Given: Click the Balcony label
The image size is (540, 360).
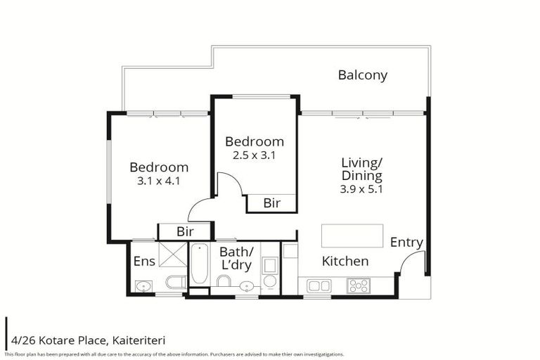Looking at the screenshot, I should coord(362,75).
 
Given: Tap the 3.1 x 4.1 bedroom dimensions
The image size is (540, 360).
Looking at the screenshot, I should coord(159,180).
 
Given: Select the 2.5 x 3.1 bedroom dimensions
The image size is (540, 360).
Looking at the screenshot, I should coord(254,155).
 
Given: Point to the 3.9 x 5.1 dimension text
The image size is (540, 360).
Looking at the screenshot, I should coord(361,188).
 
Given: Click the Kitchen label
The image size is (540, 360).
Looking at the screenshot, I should coord(345,262).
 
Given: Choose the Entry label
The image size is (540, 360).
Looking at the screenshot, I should coord(406,243).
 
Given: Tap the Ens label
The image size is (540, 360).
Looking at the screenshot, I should coord(144,262).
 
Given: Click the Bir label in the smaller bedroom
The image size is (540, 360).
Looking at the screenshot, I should coord(271,203).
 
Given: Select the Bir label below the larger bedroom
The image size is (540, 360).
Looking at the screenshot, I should coord(184,232).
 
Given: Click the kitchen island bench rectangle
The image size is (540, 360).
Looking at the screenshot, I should coord(352,236).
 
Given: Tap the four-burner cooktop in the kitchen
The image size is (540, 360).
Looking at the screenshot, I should coord(359,285).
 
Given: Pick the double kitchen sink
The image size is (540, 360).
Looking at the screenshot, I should coord(319,285).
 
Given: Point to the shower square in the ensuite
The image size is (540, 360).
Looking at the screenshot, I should coord(172,254).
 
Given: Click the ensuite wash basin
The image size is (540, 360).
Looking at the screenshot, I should coord(143,285).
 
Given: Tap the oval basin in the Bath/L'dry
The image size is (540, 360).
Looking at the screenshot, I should coord(246,285).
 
